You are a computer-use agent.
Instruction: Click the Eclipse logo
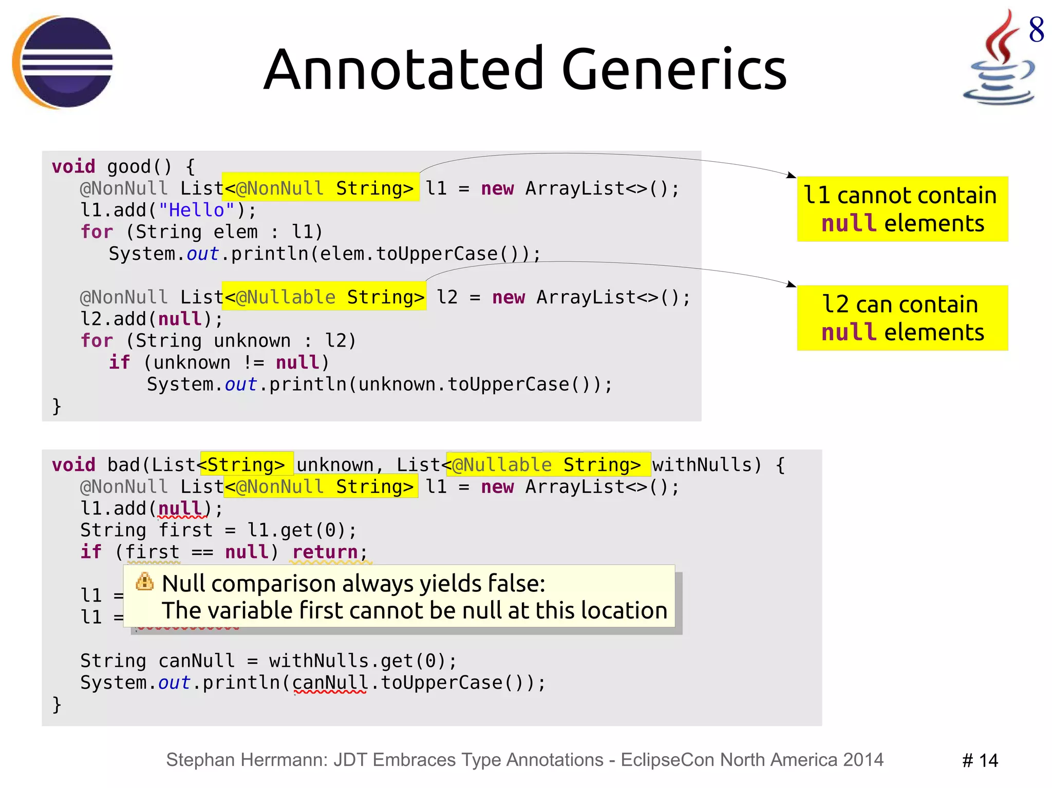(x=63, y=62)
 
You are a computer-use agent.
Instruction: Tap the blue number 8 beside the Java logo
(x=1036, y=30)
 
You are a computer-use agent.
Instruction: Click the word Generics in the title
(x=674, y=69)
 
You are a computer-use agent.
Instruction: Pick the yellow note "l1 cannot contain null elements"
(x=902, y=209)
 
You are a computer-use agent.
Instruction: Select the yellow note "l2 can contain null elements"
(x=902, y=318)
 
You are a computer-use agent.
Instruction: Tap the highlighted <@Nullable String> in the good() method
(x=324, y=297)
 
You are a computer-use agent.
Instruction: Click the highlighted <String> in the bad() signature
(x=246, y=465)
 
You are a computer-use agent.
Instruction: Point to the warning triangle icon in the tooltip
(x=145, y=582)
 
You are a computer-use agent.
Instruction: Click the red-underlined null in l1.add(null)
(x=180, y=509)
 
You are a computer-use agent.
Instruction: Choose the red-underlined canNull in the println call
(x=330, y=683)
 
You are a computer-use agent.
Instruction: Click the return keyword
(x=325, y=552)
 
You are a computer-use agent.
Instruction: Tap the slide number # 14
(x=980, y=760)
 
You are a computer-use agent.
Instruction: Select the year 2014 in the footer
(x=862, y=760)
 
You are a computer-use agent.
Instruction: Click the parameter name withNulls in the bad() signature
(x=701, y=465)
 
